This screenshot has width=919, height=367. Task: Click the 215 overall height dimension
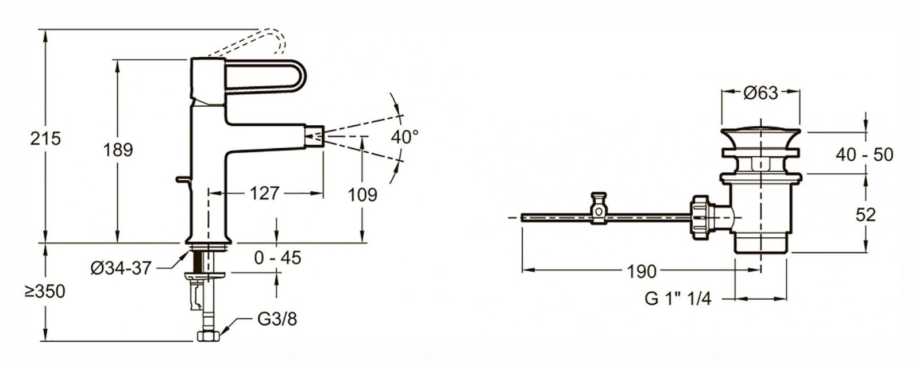pyautogui.click(x=45, y=138)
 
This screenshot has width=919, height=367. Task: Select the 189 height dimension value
pyautogui.click(x=118, y=150)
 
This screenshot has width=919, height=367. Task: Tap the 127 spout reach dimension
pyautogui.click(x=265, y=193)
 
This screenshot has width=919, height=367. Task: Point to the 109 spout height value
pyautogui.click(x=362, y=195)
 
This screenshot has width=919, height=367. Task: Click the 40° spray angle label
pyautogui.click(x=405, y=137)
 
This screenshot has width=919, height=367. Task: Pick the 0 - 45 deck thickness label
pyautogui.click(x=278, y=258)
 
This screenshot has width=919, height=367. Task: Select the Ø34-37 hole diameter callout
pyautogui.click(x=121, y=269)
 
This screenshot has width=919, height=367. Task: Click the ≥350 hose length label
pyautogui.click(x=45, y=292)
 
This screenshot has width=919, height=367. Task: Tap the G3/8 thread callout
pyautogui.click(x=277, y=319)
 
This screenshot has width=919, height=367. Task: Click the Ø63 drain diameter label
pyautogui.click(x=760, y=93)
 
